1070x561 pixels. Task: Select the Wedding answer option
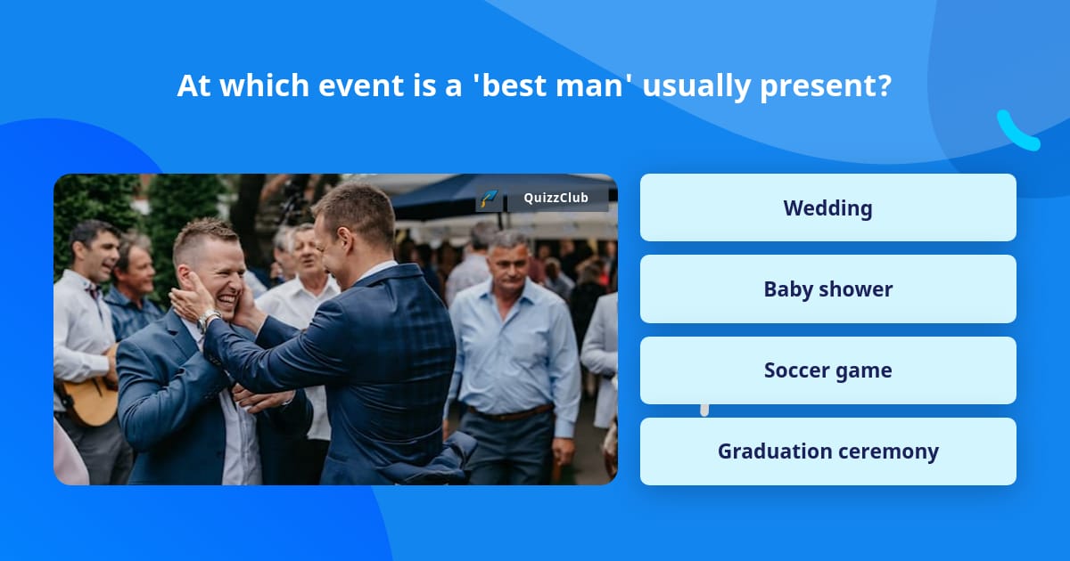click(827, 207)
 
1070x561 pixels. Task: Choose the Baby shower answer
click(827, 289)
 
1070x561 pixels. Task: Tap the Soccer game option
click(827, 370)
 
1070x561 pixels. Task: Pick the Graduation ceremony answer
click(827, 451)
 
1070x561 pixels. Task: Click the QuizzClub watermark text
click(556, 199)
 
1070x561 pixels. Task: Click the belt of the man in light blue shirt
click(509, 414)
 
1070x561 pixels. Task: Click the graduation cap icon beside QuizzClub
click(489, 199)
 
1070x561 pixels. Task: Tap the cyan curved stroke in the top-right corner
click(1017, 131)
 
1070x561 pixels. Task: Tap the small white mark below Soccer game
click(704, 410)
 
